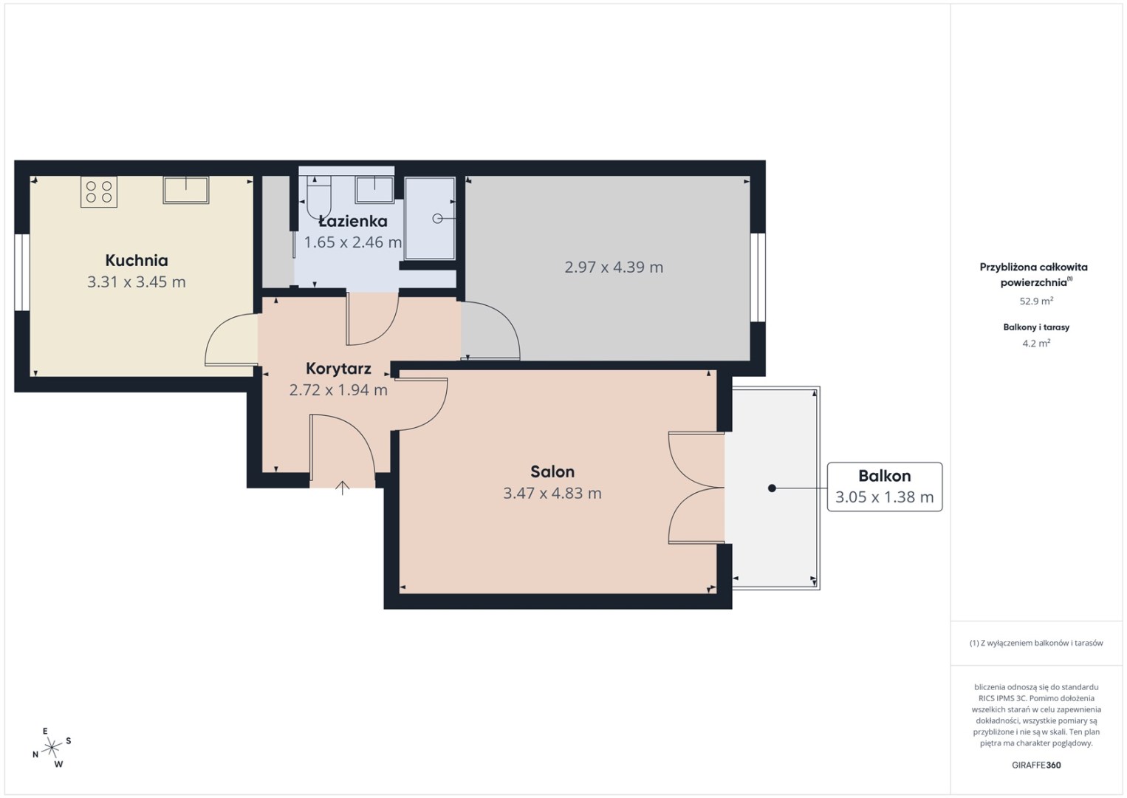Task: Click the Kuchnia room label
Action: click(137, 260)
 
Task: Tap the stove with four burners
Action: click(99, 191)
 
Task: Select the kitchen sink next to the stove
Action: click(185, 190)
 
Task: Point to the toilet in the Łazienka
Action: click(318, 197)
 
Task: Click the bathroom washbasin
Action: click(374, 189)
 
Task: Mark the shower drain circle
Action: click(437, 219)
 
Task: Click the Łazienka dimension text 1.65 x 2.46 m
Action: click(353, 242)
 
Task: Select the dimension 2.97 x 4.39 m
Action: click(614, 267)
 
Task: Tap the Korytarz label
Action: click(338, 369)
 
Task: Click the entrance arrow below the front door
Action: click(342, 488)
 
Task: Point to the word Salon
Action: click(552, 471)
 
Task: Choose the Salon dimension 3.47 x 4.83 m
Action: click(552, 493)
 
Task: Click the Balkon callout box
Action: click(885, 487)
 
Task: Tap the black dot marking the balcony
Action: click(772, 488)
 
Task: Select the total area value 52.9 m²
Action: click(1036, 301)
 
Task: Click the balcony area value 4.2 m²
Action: click(1036, 344)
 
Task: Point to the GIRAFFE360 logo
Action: click(1036, 765)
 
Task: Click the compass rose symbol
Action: click(51, 748)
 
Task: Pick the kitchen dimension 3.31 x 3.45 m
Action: click(137, 282)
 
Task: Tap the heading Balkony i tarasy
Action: click(1036, 327)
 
